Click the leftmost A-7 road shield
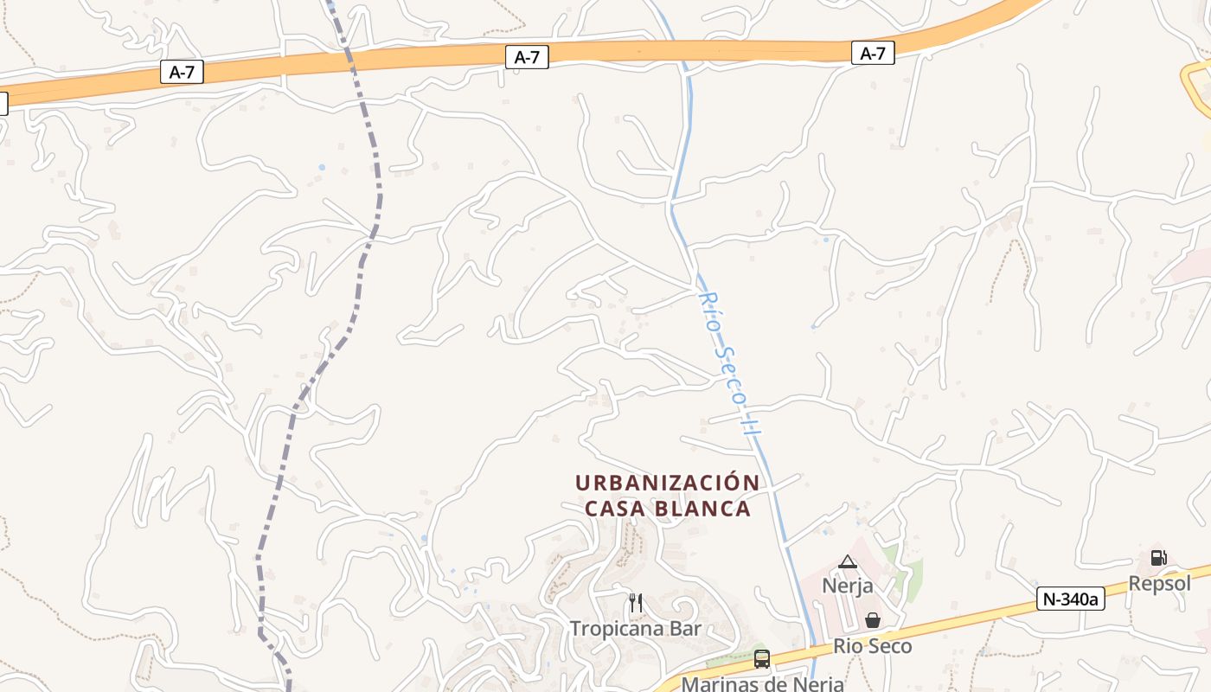point(182,73)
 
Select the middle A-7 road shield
point(527,58)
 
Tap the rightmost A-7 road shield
point(873,54)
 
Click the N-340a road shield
point(1071,599)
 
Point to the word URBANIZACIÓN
point(668,483)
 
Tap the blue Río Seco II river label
point(730,363)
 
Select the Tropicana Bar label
point(635,629)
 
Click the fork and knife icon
point(635,602)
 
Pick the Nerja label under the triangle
point(848,586)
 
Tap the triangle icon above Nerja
point(848,562)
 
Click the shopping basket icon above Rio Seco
point(873,620)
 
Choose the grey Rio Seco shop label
point(873,646)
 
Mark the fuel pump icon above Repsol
point(1158,558)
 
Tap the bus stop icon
point(762,659)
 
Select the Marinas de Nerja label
point(762,683)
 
